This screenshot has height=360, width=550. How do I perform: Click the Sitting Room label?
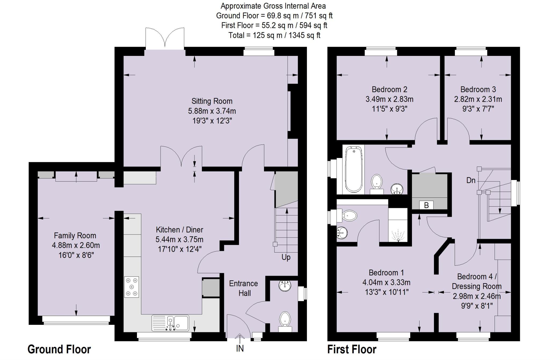pyautogui.click(x=212, y=101)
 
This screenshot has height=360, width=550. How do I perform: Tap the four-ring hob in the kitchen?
pyautogui.click(x=132, y=287)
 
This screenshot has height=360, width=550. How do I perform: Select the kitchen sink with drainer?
pyautogui.click(x=171, y=323)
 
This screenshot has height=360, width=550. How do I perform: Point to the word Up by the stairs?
pyautogui.click(x=286, y=257)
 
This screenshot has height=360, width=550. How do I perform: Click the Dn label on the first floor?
pyautogui.click(x=471, y=181)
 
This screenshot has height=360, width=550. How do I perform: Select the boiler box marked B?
pyautogui.click(x=426, y=205)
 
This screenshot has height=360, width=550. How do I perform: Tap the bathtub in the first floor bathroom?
pyautogui.click(x=353, y=170)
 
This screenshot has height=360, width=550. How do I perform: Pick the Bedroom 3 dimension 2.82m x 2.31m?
pyautogui.click(x=478, y=99)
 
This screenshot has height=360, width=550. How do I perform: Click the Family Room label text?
pyautogui.click(x=75, y=236)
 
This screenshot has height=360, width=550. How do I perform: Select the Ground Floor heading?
pyautogui.click(x=59, y=349)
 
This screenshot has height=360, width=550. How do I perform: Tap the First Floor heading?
pyautogui.click(x=352, y=349)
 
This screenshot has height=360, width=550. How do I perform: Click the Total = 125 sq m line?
pyautogui.click(x=274, y=35)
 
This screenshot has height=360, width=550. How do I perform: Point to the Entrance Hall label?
pyautogui.click(x=244, y=288)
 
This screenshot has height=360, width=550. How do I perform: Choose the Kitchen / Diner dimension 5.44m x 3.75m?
pyautogui.click(x=179, y=239)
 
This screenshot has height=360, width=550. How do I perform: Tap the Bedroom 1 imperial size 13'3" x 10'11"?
pyautogui.click(x=387, y=292)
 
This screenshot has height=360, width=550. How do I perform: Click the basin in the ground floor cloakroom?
pyautogui.click(x=285, y=286)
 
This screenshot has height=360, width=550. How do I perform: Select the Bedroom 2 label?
pyautogui.click(x=389, y=89)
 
